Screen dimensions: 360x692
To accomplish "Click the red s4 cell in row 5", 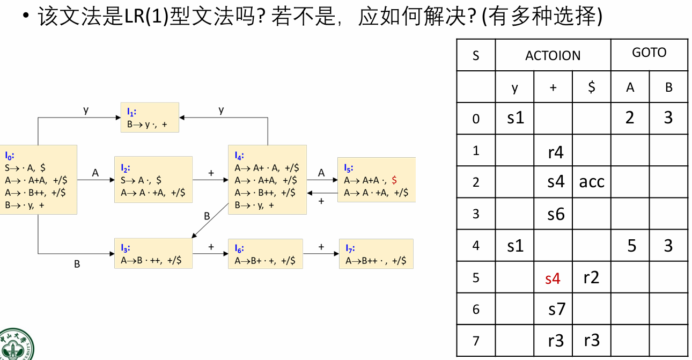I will click(x=553, y=278).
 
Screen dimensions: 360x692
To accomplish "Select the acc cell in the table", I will click(x=592, y=182).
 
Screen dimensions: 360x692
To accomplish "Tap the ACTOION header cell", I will click(x=553, y=55).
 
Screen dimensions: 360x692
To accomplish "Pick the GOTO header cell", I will click(x=649, y=53).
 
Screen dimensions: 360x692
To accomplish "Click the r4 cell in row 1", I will click(x=556, y=152).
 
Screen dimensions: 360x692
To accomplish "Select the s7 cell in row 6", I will click(x=557, y=309).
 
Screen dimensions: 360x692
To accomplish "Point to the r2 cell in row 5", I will click(x=591, y=278).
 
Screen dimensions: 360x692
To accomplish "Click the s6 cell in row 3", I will click(x=556, y=214).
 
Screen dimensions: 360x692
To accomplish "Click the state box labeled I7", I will click(x=376, y=254).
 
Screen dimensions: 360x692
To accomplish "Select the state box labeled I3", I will click(x=153, y=254).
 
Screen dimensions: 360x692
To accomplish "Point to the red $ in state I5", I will click(x=394, y=180).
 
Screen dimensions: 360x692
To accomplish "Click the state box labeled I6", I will click(x=265, y=254).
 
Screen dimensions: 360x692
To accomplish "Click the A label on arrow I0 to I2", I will click(x=95, y=173).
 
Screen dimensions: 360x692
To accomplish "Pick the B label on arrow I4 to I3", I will click(x=207, y=216).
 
